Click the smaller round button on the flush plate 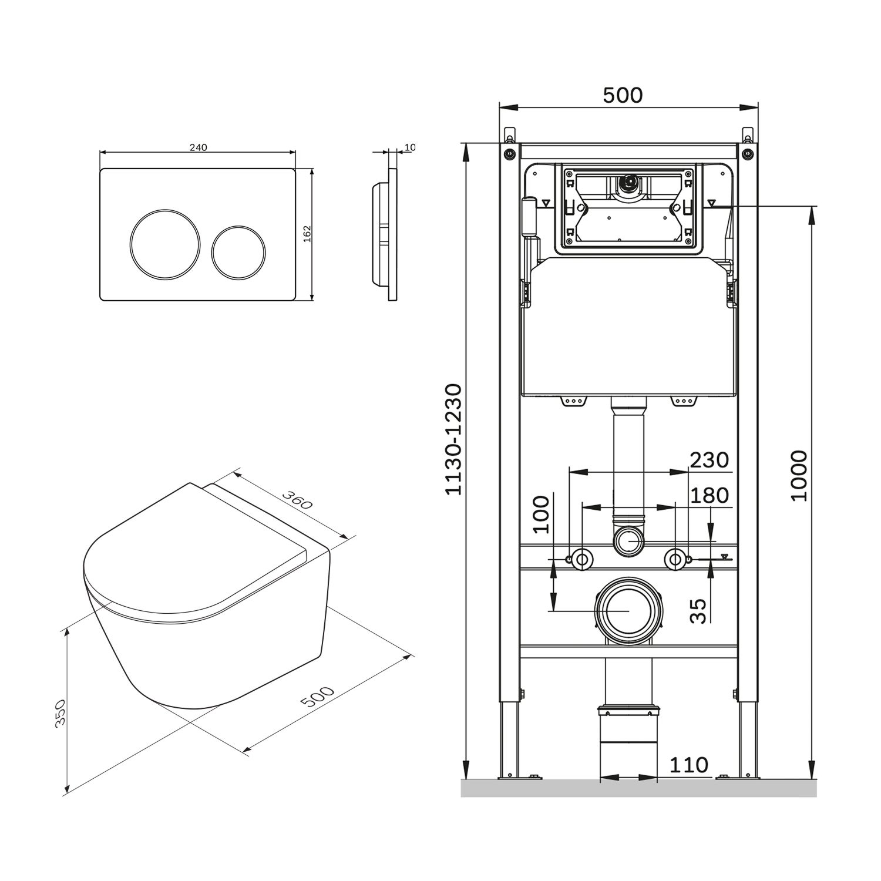click(238, 250)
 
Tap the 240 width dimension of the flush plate click(198, 147)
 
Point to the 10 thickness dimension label click(409, 147)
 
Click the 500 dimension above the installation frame click(623, 95)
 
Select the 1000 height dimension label click(799, 476)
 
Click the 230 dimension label click(709, 460)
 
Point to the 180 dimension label click(709, 496)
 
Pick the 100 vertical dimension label click(542, 514)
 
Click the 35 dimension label click(697, 611)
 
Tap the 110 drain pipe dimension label click(688, 765)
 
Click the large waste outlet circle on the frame click(628, 611)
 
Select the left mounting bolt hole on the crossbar click(581, 559)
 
